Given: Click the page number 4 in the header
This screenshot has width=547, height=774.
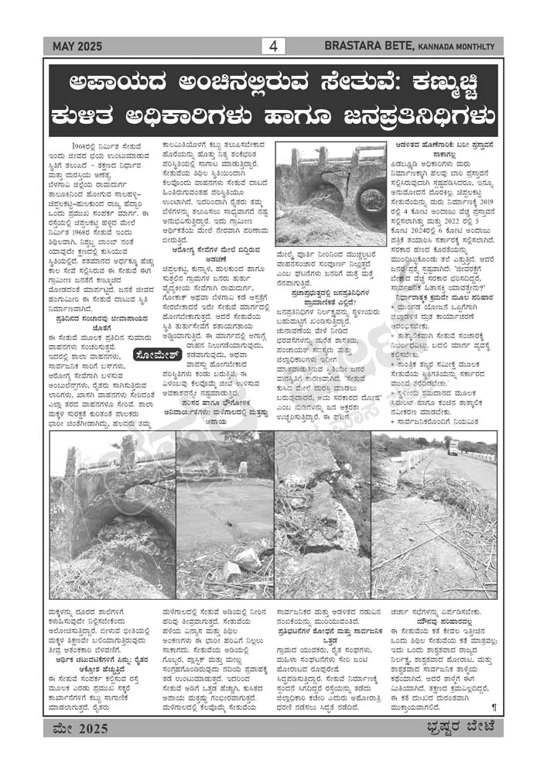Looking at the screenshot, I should click(x=273, y=46).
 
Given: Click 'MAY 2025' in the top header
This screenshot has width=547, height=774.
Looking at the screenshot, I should click(x=77, y=47).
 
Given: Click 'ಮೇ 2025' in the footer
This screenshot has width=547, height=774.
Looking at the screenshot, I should click(x=81, y=728).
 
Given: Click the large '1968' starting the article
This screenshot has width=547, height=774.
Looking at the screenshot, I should click(x=81, y=145).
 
